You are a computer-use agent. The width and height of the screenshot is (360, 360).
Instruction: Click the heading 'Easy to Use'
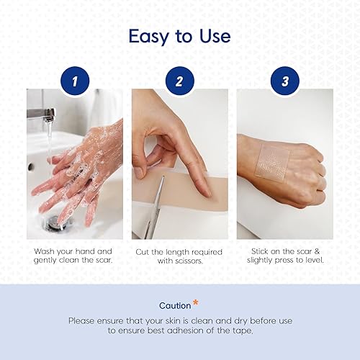[179, 36]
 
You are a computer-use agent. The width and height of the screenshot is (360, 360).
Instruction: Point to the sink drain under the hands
[54, 225]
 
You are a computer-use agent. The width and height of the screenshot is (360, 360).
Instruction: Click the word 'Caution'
[175, 306]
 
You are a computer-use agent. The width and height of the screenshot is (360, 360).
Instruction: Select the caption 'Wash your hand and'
[74, 251]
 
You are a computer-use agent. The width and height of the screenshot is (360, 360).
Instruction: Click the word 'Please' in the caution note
[83, 320]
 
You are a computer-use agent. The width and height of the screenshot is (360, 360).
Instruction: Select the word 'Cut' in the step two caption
[142, 251]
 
